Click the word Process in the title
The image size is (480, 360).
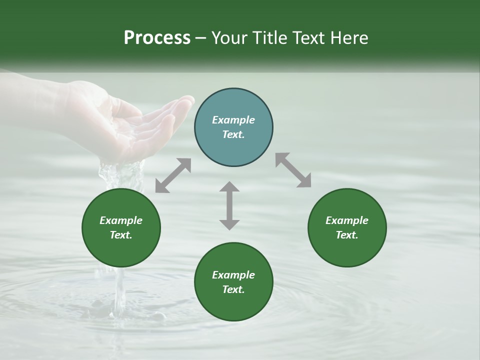157,38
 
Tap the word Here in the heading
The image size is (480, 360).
349,38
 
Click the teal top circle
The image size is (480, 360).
233,127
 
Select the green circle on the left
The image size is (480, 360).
121,228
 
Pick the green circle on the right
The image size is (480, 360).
347,228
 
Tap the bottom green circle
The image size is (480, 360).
233,282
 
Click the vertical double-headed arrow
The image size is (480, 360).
229,205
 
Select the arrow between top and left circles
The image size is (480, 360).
173,175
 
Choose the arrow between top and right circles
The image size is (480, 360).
293,170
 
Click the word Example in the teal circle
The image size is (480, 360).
233,120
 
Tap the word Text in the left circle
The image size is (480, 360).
121,235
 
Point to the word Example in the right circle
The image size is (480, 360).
347,220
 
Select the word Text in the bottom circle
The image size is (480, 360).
233,289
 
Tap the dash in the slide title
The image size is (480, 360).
201,38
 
